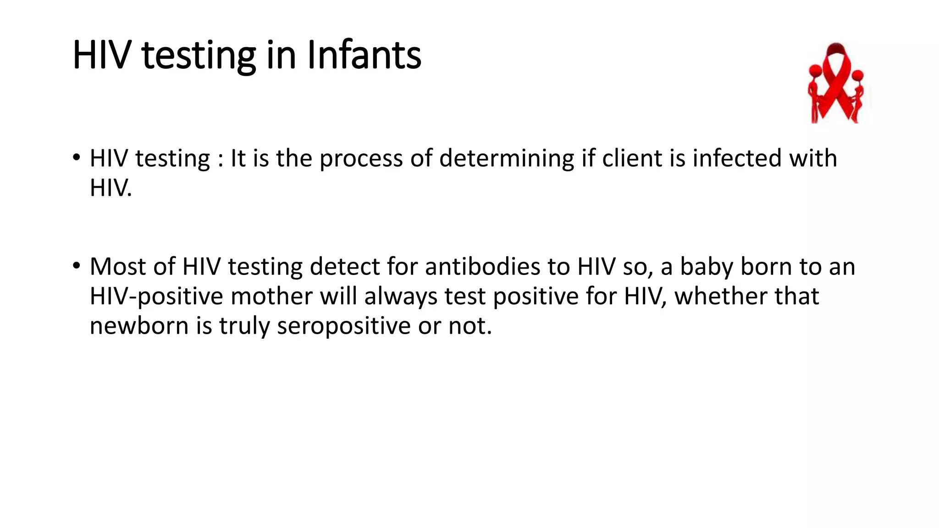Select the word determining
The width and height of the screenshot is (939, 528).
click(506, 159)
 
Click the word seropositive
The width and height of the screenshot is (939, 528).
click(343, 326)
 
